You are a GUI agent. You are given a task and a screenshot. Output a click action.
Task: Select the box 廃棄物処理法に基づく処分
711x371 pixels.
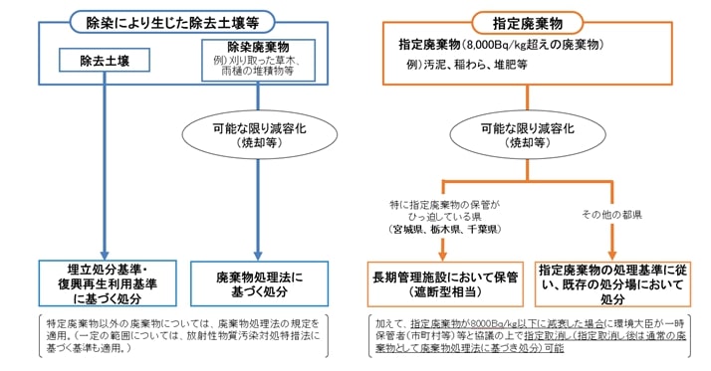click(258, 281)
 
